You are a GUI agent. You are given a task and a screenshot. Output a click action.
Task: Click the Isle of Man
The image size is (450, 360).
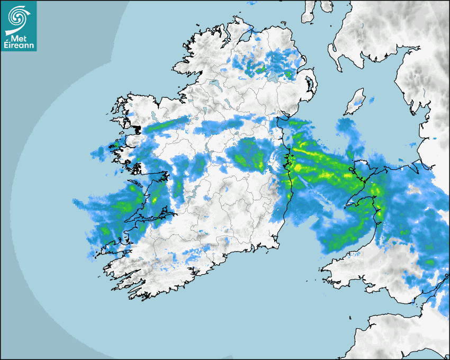click(355, 102)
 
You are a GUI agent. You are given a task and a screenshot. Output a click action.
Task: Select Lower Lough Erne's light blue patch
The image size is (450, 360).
click(214, 84)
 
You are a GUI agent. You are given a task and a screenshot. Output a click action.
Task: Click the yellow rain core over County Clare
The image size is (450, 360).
click(155, 200)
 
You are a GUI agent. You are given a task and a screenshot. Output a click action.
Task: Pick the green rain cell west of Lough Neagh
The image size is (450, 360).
click(260, 68)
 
